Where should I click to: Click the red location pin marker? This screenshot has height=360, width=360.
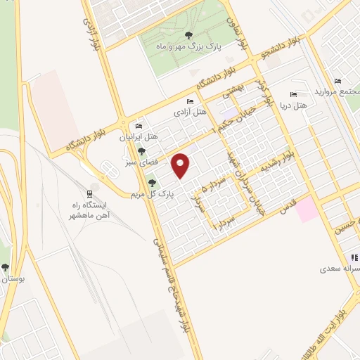click(181, 165)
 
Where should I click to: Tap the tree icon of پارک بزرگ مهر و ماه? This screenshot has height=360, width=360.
click(188, 34)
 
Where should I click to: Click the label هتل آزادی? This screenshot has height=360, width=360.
click(191, 112)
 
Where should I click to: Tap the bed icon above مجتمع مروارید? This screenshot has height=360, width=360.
click(338, 81)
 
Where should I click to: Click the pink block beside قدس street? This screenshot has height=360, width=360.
click(307, 208)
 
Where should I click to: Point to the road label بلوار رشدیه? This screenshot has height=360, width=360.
click(276, 163)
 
